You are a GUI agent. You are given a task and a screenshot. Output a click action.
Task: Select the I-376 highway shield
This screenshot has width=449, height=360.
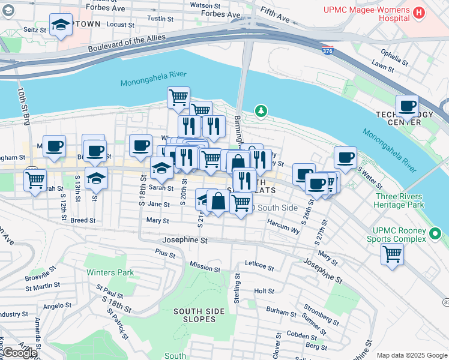tap(327, 52)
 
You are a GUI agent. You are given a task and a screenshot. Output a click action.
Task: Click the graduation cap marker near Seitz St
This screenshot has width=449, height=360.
tap(61, 25)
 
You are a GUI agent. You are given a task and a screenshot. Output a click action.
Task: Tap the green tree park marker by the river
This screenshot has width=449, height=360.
tap(261, 110)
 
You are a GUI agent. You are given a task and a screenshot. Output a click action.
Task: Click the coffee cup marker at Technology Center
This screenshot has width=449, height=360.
tap(407, 106)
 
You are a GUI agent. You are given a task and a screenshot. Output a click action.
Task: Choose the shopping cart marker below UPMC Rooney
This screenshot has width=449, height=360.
tap(392, 253)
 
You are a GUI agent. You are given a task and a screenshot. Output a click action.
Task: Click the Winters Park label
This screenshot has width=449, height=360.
tap(110, 272)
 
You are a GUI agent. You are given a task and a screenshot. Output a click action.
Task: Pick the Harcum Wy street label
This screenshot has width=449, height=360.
tap(283, 229)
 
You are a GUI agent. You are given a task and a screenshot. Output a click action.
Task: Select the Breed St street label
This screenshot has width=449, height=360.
tap(83, 221)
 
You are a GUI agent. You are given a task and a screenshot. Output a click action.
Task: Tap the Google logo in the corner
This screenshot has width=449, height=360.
tap(20, 353)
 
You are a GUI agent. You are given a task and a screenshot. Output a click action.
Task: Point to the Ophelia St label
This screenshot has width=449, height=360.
tap(394, 58)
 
